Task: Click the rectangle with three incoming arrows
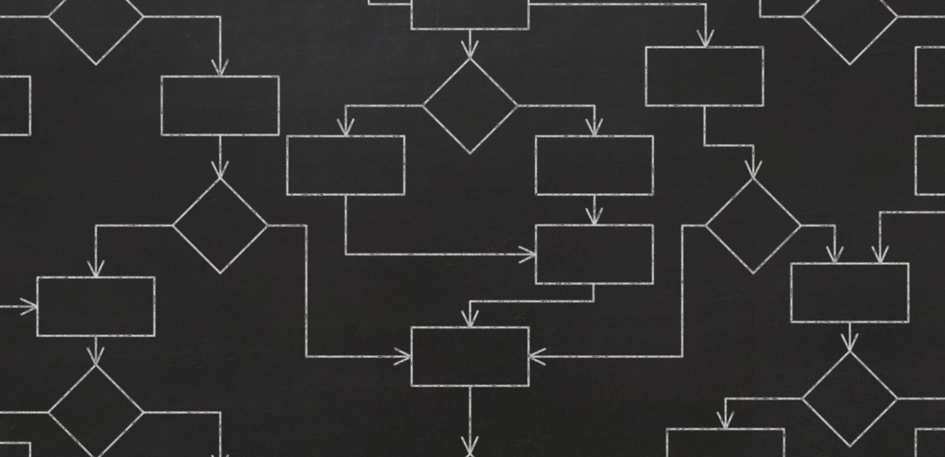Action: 470,356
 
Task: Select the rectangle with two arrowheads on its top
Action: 849,293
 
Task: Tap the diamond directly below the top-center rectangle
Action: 470,105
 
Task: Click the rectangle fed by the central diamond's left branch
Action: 345,165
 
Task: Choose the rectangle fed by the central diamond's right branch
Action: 594,165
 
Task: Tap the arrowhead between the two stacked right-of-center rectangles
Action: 594,216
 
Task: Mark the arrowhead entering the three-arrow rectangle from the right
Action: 536,356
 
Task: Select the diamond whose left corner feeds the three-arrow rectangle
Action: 753,225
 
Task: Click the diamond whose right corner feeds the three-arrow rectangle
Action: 220,225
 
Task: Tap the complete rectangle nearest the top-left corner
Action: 220,105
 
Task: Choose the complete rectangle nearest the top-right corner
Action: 704,76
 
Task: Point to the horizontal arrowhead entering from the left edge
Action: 29,306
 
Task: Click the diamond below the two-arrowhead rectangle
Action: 849,398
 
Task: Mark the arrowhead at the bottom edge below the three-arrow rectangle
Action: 470,446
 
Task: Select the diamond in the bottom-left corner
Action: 95,411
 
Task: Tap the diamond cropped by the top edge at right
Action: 849,25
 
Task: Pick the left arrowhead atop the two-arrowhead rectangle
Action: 834,254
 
